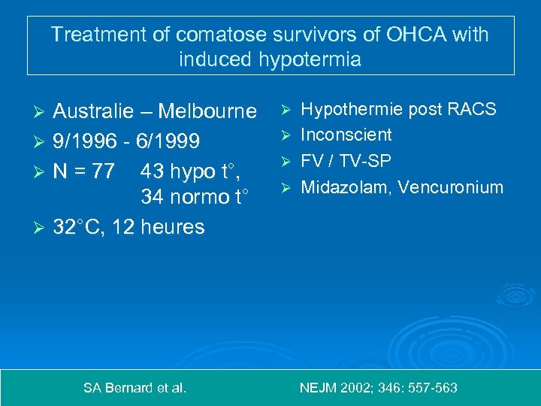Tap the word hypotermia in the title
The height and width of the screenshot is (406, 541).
(x=305, y=59)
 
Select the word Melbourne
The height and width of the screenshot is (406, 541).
(x=208, y=111)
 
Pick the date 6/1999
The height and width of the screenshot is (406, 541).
(x=168, y=141)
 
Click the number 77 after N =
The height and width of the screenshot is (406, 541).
(x=104, y=171)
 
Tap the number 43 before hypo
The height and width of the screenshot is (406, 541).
(x=152, y=171)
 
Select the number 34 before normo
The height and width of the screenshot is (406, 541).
(x=152, y=198)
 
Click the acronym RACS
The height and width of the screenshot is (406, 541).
(x=471, y=109)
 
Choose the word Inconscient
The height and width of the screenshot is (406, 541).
(x=346, y=135)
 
